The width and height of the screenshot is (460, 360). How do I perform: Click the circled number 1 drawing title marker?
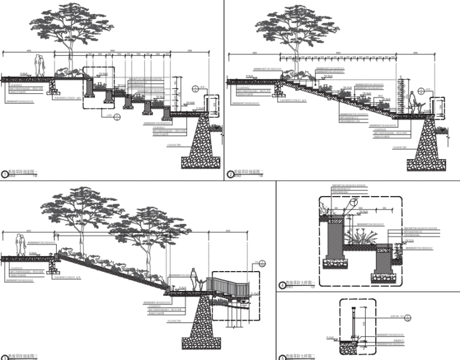(x=5, y=174)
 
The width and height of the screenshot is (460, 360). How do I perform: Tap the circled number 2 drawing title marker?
(x=231, y=174)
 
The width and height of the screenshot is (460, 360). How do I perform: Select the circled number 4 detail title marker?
(x=282, y=286)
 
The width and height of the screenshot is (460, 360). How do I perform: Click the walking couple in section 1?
(x=39, y=65)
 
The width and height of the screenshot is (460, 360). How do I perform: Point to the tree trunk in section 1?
(x=72, y=55)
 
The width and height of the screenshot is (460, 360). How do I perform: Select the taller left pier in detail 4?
(x=335, y=239)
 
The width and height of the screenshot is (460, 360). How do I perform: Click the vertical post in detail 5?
(x=352, y=323)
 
